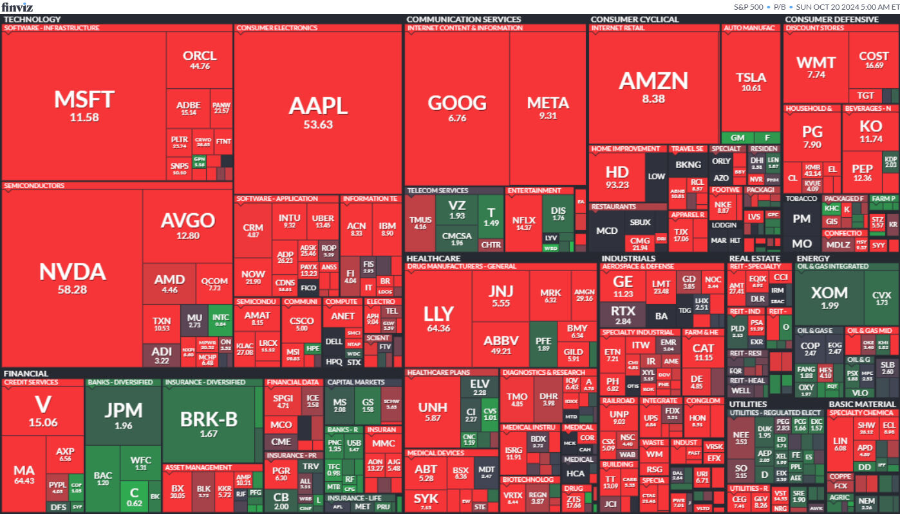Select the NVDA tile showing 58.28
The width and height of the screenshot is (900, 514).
72,277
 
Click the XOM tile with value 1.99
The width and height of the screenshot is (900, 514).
829,296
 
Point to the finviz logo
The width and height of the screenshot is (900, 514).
17,7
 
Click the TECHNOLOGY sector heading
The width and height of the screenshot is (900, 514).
32,19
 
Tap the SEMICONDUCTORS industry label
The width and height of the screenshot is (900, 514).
34,186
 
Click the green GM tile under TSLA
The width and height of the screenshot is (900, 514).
737,137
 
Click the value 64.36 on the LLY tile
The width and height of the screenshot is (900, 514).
438,328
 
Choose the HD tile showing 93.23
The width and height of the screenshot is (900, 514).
617,177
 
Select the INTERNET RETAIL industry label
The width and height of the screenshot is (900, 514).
617,28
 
